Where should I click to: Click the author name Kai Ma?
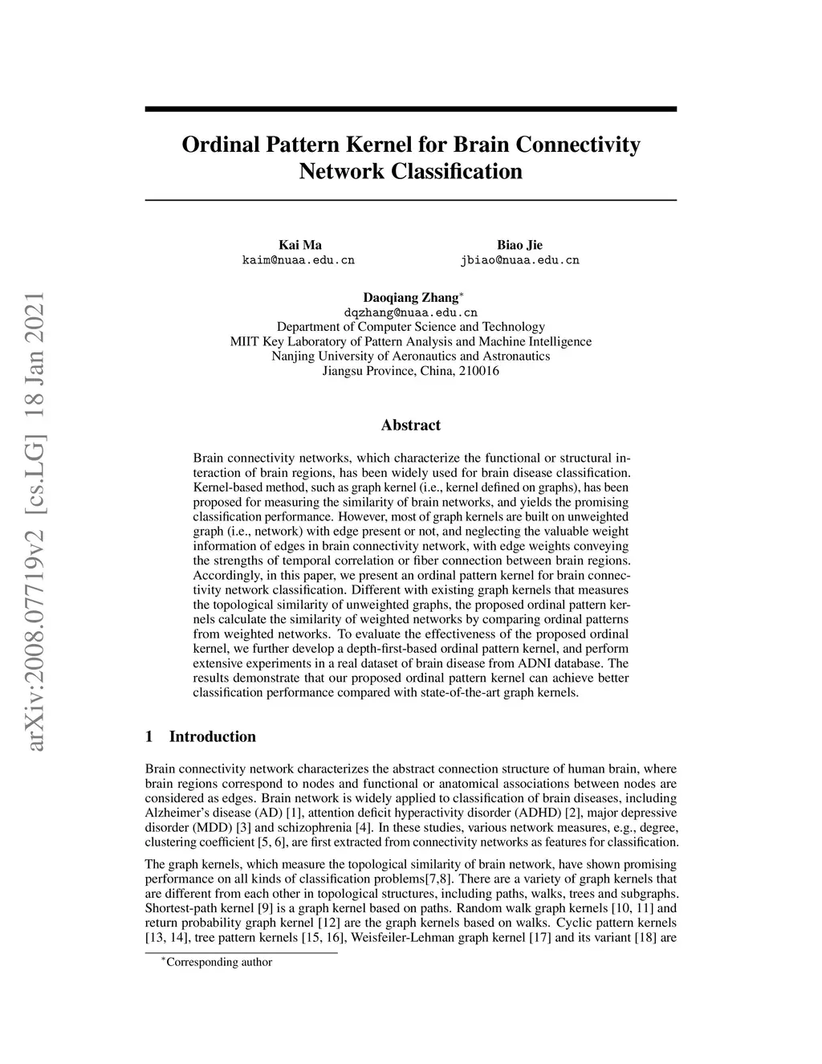tap(299, 245)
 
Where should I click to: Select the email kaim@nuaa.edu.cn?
tap(299, 260)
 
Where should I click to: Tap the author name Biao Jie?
tap(519, 245)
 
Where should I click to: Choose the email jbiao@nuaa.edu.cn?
tap(519, 260)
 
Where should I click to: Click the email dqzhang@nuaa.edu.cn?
tap(410, 312)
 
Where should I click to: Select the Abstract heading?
tap(410, 425)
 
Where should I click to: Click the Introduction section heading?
tap(212, 736)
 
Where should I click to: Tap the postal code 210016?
tap(478, 370)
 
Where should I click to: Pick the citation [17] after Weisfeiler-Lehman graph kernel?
tap(539, 937)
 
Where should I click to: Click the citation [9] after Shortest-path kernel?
tap(264, 907)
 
